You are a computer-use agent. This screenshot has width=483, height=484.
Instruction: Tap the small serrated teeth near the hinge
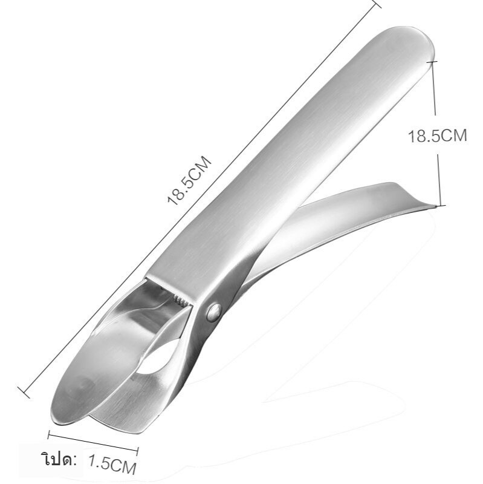[181, 299]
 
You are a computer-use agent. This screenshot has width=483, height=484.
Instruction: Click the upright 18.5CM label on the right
[437, 135]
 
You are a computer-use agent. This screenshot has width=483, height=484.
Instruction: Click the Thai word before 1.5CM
[59, 460]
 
